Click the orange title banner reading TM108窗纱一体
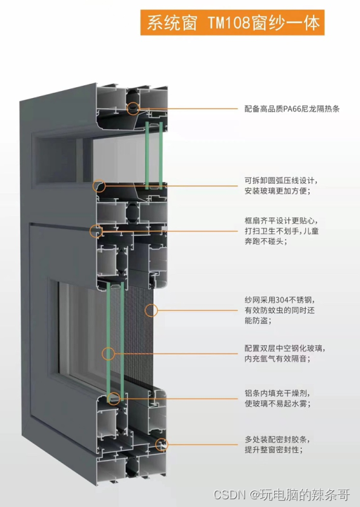click(x=232, y=23)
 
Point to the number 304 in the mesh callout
click(x=282, y=300)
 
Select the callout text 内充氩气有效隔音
click(x=275, y=359)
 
